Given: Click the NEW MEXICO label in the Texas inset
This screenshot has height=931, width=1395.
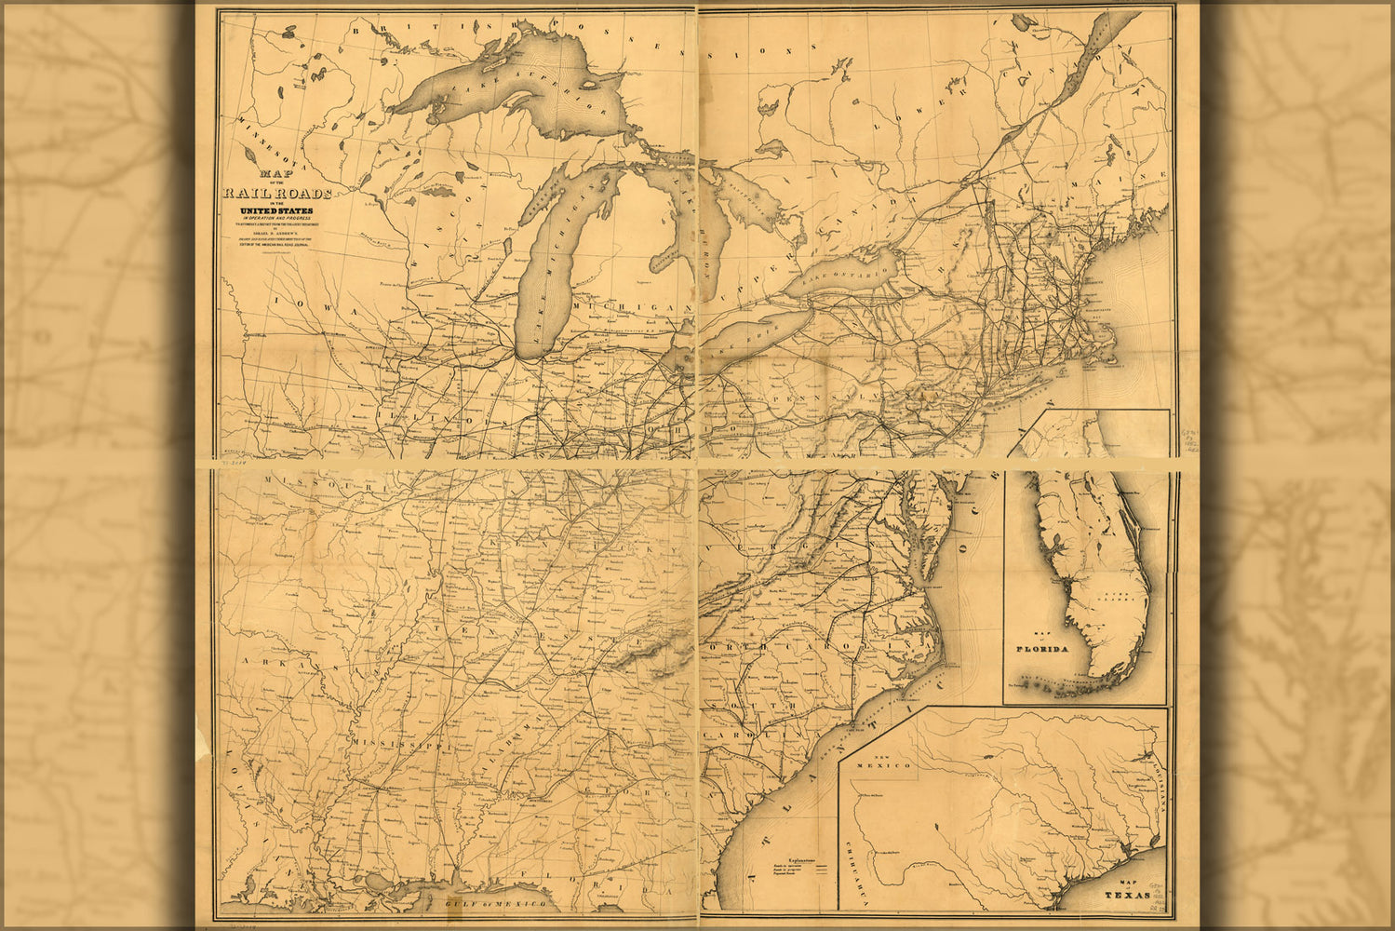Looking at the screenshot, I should pyautogui.click(x=884, y=762).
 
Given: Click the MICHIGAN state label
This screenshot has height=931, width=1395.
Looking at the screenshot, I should pyautogui.click(x=633, y=306).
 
